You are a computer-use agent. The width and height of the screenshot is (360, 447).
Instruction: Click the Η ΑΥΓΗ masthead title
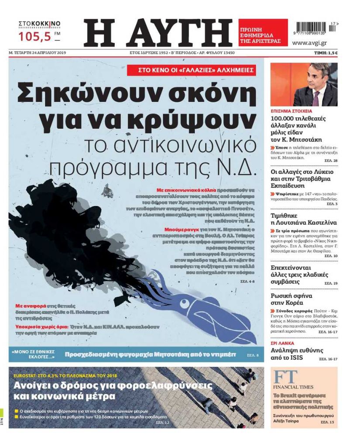click(158, 33)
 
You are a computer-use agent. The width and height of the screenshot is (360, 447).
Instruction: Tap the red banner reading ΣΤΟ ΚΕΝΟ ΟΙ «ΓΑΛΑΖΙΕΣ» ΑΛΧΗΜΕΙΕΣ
click(191, 70)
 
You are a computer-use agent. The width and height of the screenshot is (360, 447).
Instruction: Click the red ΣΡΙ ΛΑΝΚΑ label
click(282, 343)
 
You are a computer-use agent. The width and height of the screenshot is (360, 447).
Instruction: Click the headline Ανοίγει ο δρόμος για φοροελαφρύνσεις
click(113, 385)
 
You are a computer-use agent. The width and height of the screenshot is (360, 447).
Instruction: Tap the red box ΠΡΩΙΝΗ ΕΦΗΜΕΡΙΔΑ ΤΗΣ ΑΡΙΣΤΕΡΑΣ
click(263, 33)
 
